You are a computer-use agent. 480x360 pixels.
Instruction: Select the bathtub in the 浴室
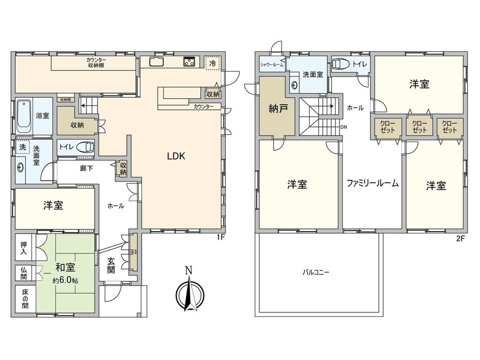(x=24, y=116)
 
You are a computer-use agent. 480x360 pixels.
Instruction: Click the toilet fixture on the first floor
(x=86, y=147)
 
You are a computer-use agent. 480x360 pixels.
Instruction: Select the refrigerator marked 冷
(x=212, y=63)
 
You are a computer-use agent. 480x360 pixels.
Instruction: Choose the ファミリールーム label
(x=372, y=183)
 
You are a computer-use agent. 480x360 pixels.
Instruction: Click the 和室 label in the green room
(x=65, y=268)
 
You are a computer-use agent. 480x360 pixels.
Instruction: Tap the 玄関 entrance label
(x=111, y=266)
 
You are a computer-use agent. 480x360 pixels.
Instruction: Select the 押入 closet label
(x=24, y=248)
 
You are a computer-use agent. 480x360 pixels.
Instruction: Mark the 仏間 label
(x=24, y=273)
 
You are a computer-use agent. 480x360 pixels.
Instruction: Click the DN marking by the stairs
(x=343, y=127)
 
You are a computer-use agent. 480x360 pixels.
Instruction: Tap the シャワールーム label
(x=272, y=65)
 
